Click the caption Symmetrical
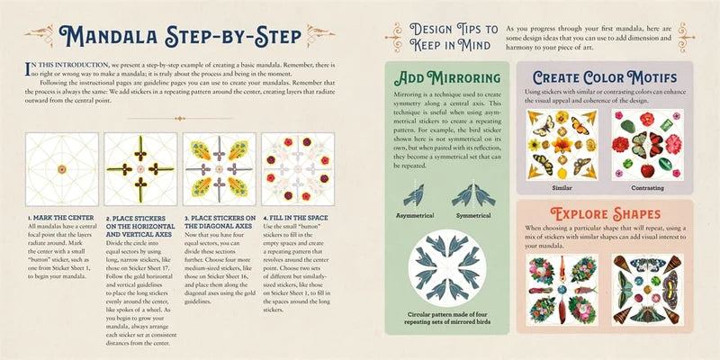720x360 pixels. click(x=472, y=218)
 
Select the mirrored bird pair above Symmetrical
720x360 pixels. click(x=472, y=195)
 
